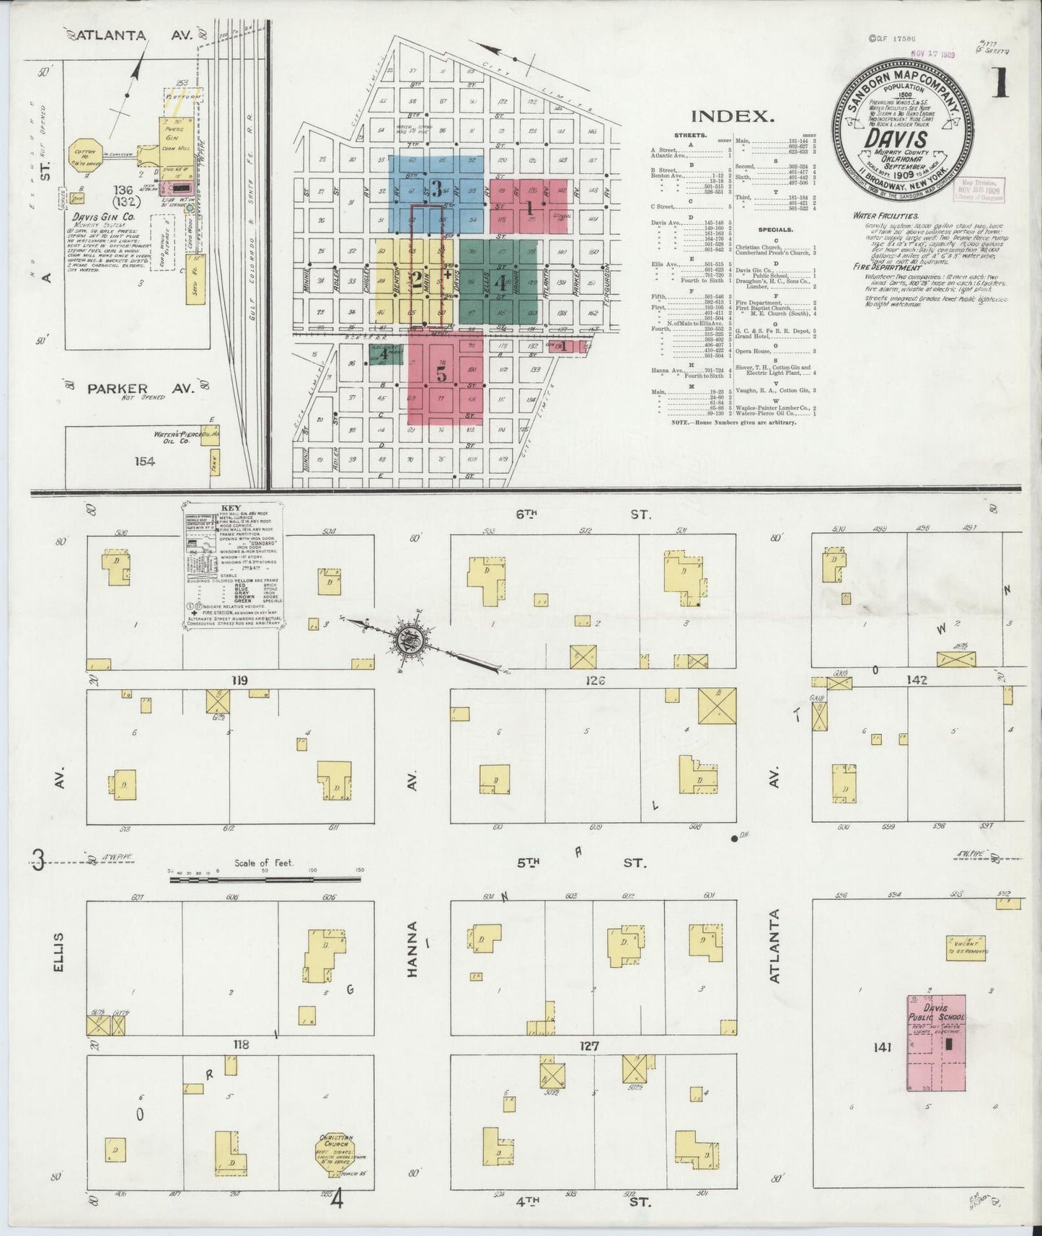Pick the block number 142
pyautogui.click(x=917, y=680)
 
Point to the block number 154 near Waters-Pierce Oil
pyautogui.click(x=145, y=461)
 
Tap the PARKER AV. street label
pyautogui.click(x=141, y=389)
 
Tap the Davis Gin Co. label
pyautogui.click(x=97, y=216)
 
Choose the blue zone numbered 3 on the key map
pyautogui.click(x=436, y=190)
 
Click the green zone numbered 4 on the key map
pyautogui.click(x=500, y=283)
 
